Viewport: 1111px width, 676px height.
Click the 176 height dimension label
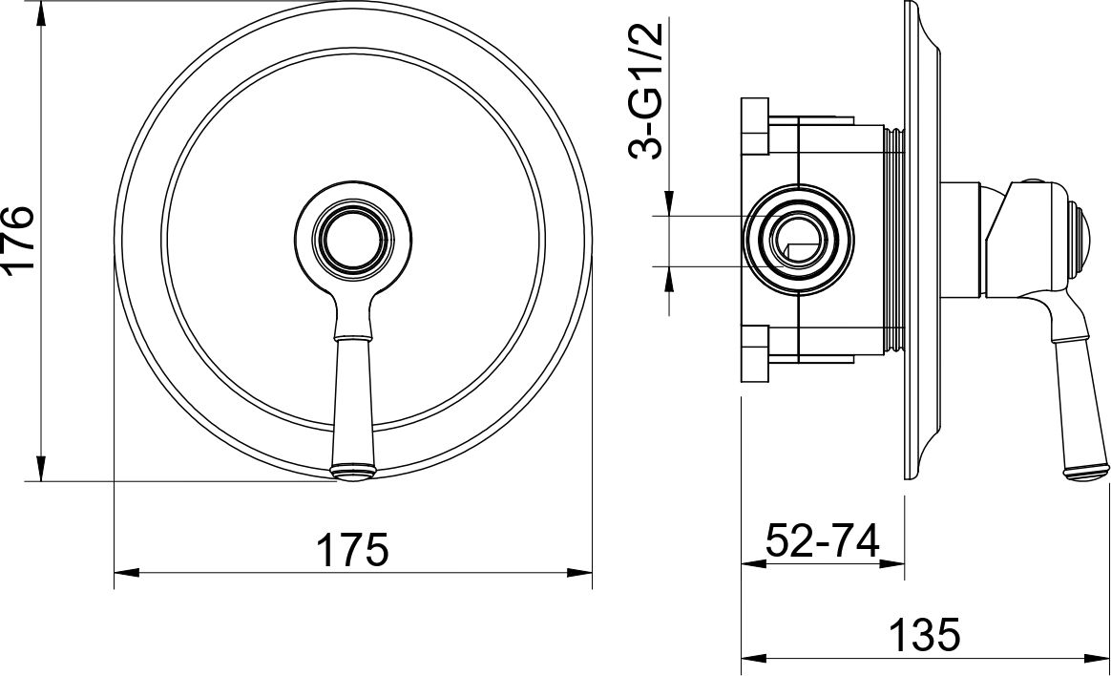18,238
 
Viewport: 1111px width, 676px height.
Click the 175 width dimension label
352,549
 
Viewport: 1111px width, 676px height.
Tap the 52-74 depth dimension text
823,540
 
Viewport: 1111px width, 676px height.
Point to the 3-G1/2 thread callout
646,90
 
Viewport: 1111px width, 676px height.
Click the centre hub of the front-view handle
354,238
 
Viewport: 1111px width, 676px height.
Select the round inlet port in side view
800,238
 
